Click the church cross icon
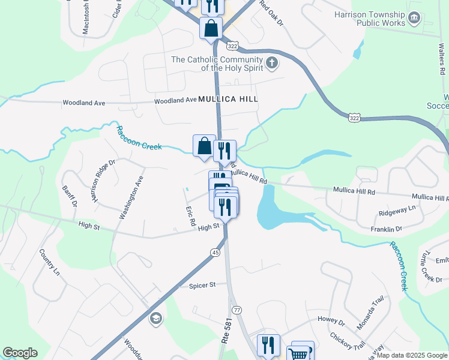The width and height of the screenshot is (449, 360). (271, 62)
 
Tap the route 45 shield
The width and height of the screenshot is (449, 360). (215, 253)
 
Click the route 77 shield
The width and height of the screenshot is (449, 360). (237, 310)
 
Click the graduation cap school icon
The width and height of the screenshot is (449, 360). (156, 318)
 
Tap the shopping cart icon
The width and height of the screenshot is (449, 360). (298, 354)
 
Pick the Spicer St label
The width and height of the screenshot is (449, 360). (202, 285)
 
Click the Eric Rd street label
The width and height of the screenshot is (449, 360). (191, 215)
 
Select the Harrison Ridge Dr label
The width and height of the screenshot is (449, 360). (103, 181)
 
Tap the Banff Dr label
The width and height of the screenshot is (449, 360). (70, 196)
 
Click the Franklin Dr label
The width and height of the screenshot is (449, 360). (385, 229)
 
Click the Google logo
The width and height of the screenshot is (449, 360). (20, 353)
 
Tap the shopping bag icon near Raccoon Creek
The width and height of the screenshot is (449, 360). (204, 146)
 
